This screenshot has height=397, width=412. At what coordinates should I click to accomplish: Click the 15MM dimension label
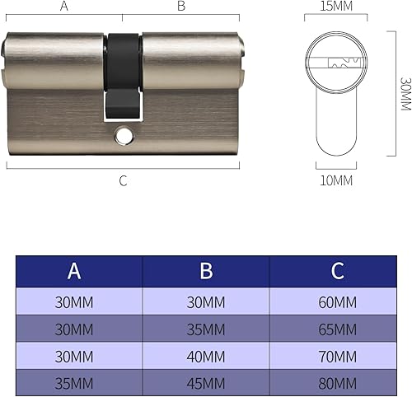[x=336, y=6]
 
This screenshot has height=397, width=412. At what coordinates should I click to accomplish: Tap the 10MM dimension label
[x=336, y=180]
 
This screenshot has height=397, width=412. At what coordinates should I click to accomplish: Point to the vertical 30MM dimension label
[x=405, y=94]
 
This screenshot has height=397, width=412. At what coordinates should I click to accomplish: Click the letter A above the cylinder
[x=64, y=6]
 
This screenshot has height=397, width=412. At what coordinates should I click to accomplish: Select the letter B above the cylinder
[x=181, y=6]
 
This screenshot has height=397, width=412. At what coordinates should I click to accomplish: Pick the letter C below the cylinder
[x=123, y=181]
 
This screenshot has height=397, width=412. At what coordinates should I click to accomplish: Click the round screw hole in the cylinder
[x=124, y=136]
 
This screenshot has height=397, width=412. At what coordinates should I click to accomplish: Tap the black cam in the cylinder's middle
[x=123, y=77]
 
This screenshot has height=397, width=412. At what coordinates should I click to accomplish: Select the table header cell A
[x=79, y=271]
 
